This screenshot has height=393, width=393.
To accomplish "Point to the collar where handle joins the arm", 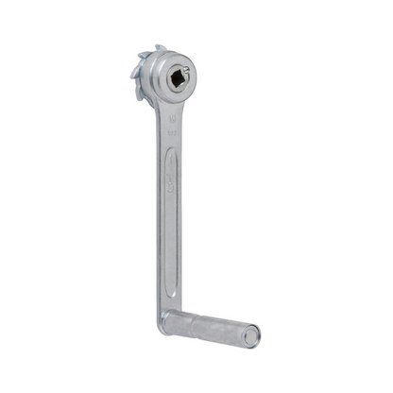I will pyautogui.click(x=166, y=320).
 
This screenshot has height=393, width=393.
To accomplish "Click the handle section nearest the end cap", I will pyautogui.click(x=227, y=330).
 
